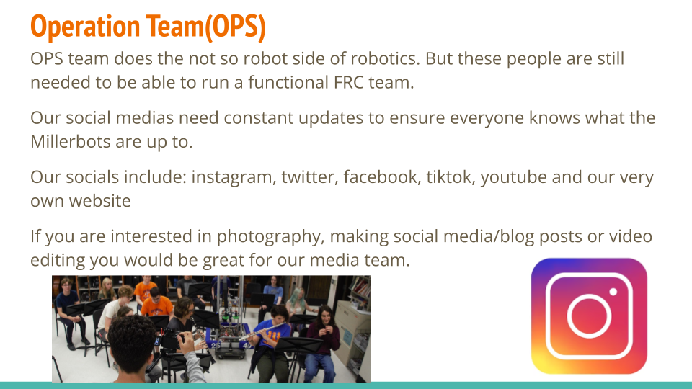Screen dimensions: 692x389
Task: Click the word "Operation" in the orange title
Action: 85,27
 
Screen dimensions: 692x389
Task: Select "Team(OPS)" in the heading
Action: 206,27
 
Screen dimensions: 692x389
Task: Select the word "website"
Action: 99,201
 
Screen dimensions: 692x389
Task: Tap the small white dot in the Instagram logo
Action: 613,292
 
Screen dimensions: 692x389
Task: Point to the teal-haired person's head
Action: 297,295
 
